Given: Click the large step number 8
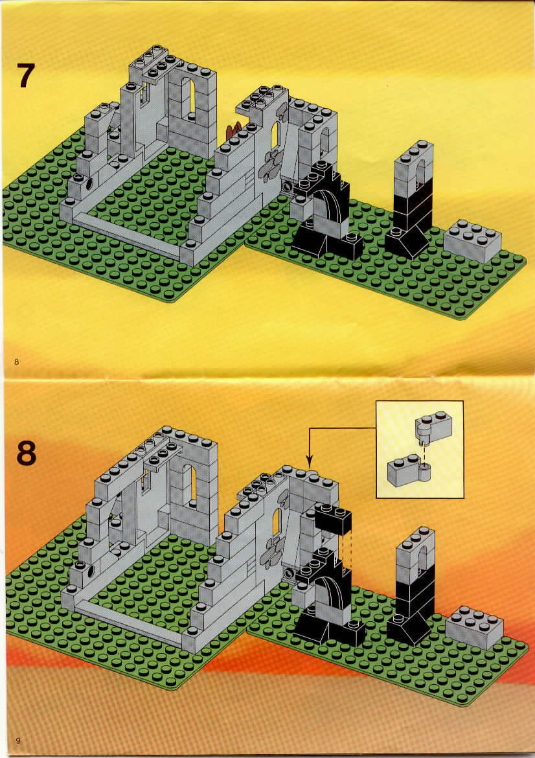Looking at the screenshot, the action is point(26,454).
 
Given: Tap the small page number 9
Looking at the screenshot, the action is point(18,740).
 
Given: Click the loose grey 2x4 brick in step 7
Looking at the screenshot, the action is point(473,240).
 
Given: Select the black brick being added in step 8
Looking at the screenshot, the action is point(333,519).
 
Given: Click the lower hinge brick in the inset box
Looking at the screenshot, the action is point(409,469).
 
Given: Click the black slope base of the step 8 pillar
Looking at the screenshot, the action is point(409,629).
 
